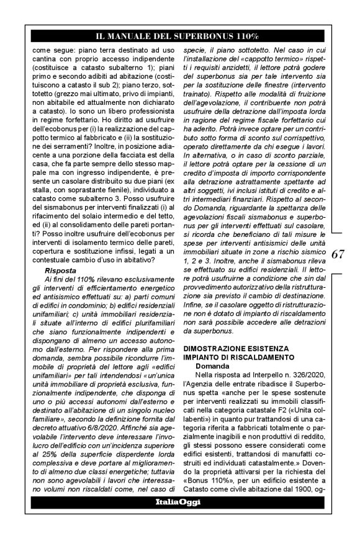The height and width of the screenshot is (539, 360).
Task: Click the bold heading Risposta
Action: pos(60,270)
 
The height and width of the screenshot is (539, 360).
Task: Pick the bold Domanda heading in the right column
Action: pos(212,367)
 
